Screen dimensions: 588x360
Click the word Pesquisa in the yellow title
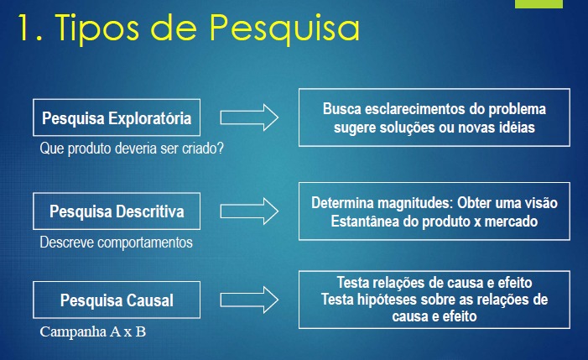click(284, 29)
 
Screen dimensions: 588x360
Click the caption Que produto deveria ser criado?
click(132, 149)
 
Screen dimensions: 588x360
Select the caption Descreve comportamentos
click(117, 243)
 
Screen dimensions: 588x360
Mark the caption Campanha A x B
click(92, 331)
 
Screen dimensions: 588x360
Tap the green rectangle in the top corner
click(539, 3)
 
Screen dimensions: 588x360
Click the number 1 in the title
click(28, 28)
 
